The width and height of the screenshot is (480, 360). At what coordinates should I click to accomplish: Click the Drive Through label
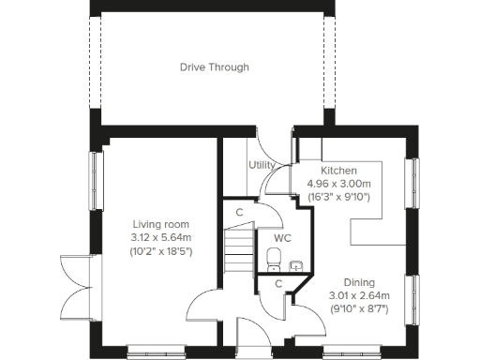tap(215, 67)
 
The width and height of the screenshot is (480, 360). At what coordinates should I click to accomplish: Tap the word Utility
tap(262, 165)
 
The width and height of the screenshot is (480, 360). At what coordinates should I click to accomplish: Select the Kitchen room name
tap(338, 171)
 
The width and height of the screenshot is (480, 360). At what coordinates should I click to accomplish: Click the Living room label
tap(160, 224)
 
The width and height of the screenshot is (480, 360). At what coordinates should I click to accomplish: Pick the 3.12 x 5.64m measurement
tap(160, 238)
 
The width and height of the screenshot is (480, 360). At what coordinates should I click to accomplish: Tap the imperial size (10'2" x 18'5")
tap(160, 252)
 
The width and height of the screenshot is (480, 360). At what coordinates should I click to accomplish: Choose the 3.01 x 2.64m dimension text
tap(359, 295)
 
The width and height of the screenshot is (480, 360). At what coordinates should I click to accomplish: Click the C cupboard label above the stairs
tap(240, 213)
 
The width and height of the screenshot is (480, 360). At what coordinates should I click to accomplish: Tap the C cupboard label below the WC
tap(277, 283)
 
